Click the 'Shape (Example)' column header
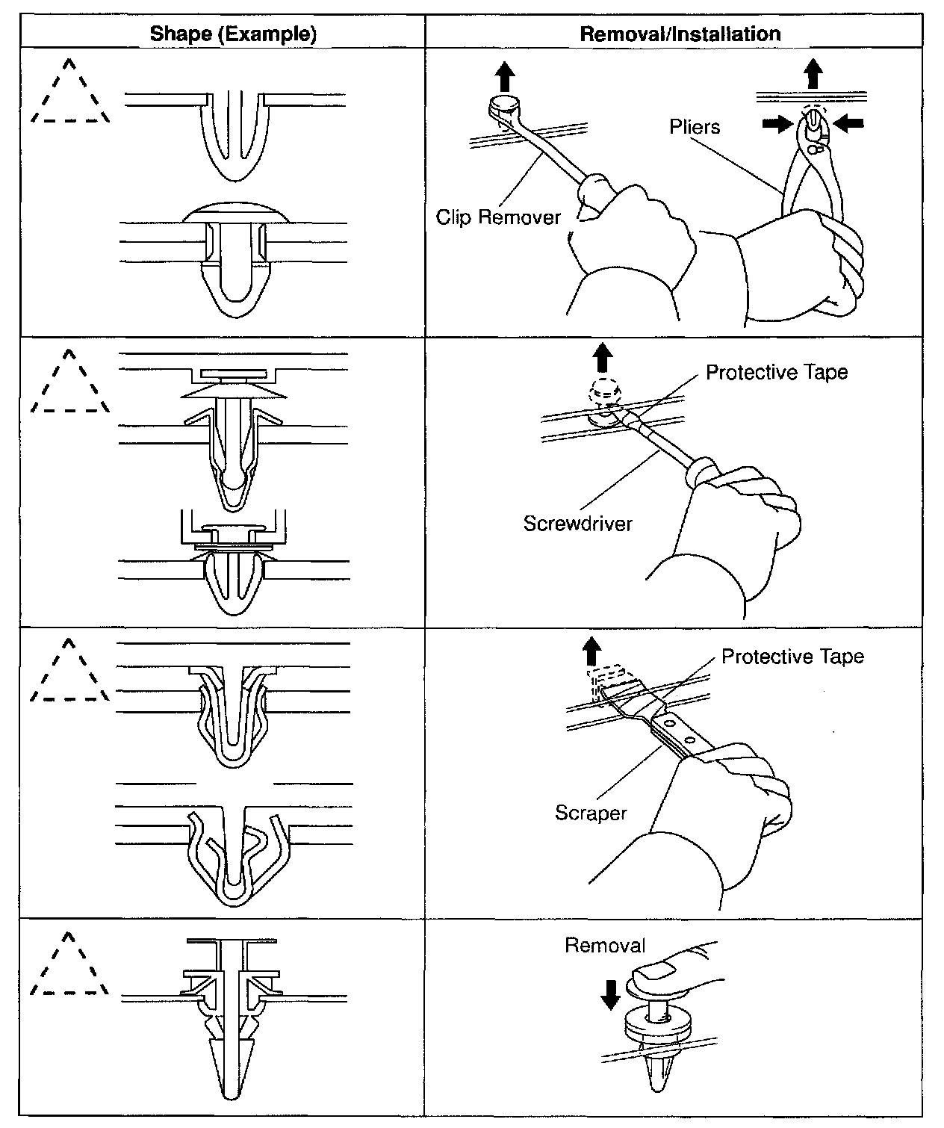pos(233,34)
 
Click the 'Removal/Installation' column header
pos(680,34)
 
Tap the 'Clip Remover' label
pos(498,217)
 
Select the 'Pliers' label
pos(695,127)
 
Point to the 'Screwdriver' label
pos(577,523)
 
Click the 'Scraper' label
pos(591,812)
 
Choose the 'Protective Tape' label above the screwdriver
pos(777,372)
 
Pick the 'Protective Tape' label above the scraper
pos(792,657)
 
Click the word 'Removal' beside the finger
pos(605,946)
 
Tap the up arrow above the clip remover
pos(506,75)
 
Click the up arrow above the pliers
pos(813,74)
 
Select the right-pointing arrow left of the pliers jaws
pos(777,124)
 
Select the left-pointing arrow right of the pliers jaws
pos(848,124)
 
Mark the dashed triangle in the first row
pos(70,93)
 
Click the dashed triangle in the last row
pos(69,967)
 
